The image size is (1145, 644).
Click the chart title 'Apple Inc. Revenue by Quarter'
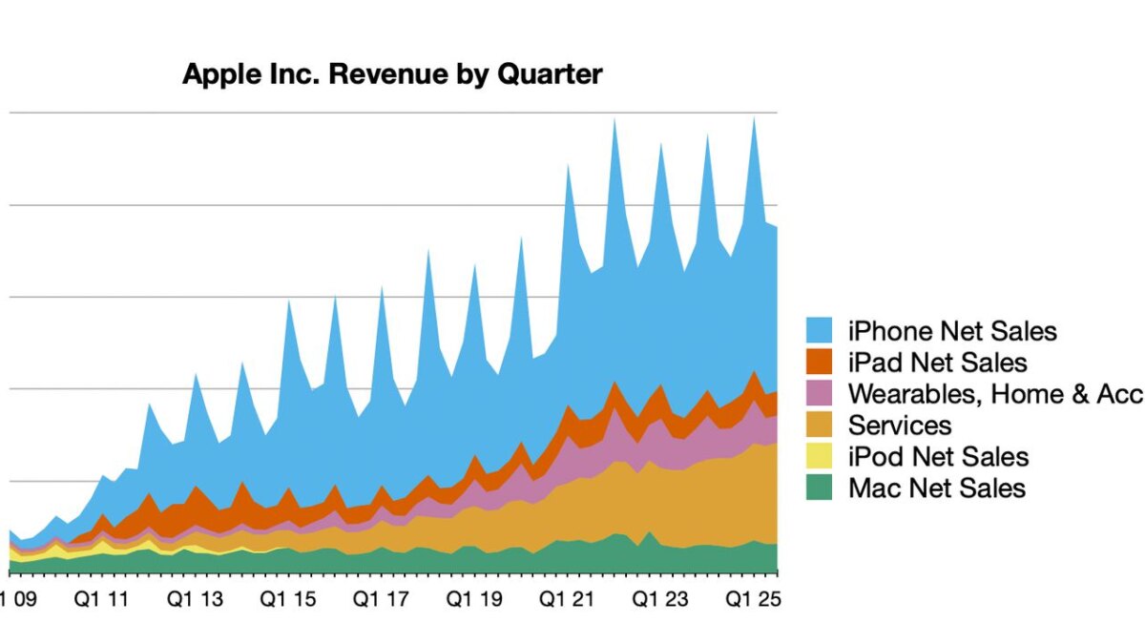tap(392, 74)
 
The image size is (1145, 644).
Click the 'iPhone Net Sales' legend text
tap(952, 331)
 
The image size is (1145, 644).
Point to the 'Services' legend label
tap(899, 426)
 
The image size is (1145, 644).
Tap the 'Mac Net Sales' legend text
tap(937, 488)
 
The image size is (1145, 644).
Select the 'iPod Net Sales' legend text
tap(938, 457)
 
